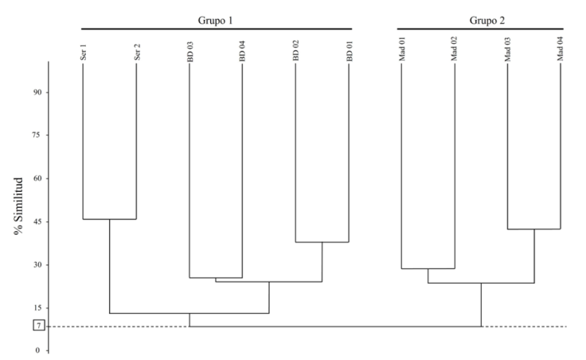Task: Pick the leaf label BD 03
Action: click(189, 51)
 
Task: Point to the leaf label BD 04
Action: click(243, 51)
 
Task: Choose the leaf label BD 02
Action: click(296, 51)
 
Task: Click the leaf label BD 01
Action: click(349, 51)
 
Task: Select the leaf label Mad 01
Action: click(402, 49)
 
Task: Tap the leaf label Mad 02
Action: click(455, 49)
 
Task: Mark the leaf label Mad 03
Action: click(508, 49)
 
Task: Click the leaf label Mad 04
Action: click(561, 49)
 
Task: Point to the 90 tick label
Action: click(37, 92)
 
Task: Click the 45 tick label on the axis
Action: click(37, 221)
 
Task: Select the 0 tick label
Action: click(37, 350)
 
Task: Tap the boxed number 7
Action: click(37, 326)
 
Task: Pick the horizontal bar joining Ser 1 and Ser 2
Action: click(110, 219)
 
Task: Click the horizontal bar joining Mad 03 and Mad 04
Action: click(534, 229)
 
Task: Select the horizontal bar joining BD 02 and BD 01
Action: click(322, 242)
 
